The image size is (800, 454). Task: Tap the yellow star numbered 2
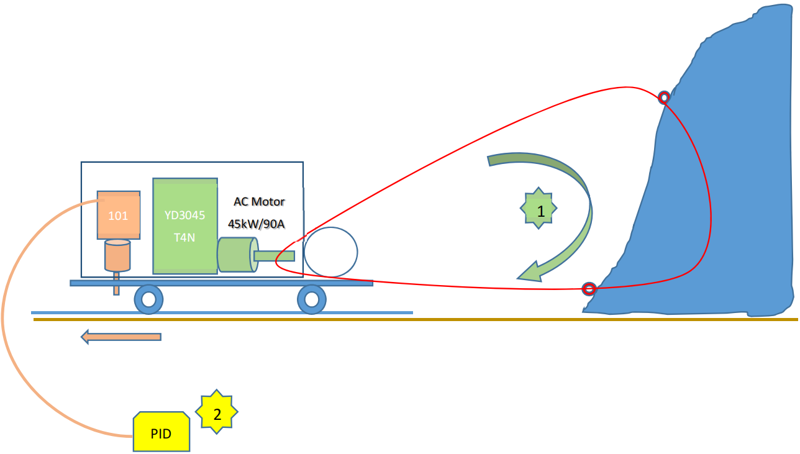pyautogui.click(x=217, y=412)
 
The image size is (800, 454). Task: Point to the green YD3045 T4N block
pyautogui.click(x=184, y=225)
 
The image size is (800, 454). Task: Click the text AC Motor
pyautogui.click(x=259, y=202)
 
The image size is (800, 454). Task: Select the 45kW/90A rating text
pyautogui.click(x=257, y=224)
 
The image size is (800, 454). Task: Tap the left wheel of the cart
pyautogui.click(x=148, y=300)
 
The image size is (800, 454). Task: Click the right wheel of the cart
pyautogui.click(x=311, y=300)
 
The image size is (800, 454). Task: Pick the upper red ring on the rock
pyautogui.click(x=663, y=97)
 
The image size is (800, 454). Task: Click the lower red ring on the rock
pyautogui.click(x=589, y=289)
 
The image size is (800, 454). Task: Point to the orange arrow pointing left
pyautogui.click(x=121, y=337)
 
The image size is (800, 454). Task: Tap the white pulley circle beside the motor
pyautogui.click(x=331, y=252)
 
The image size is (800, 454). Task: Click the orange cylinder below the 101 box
pyautogui.click(x=117, y=255)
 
